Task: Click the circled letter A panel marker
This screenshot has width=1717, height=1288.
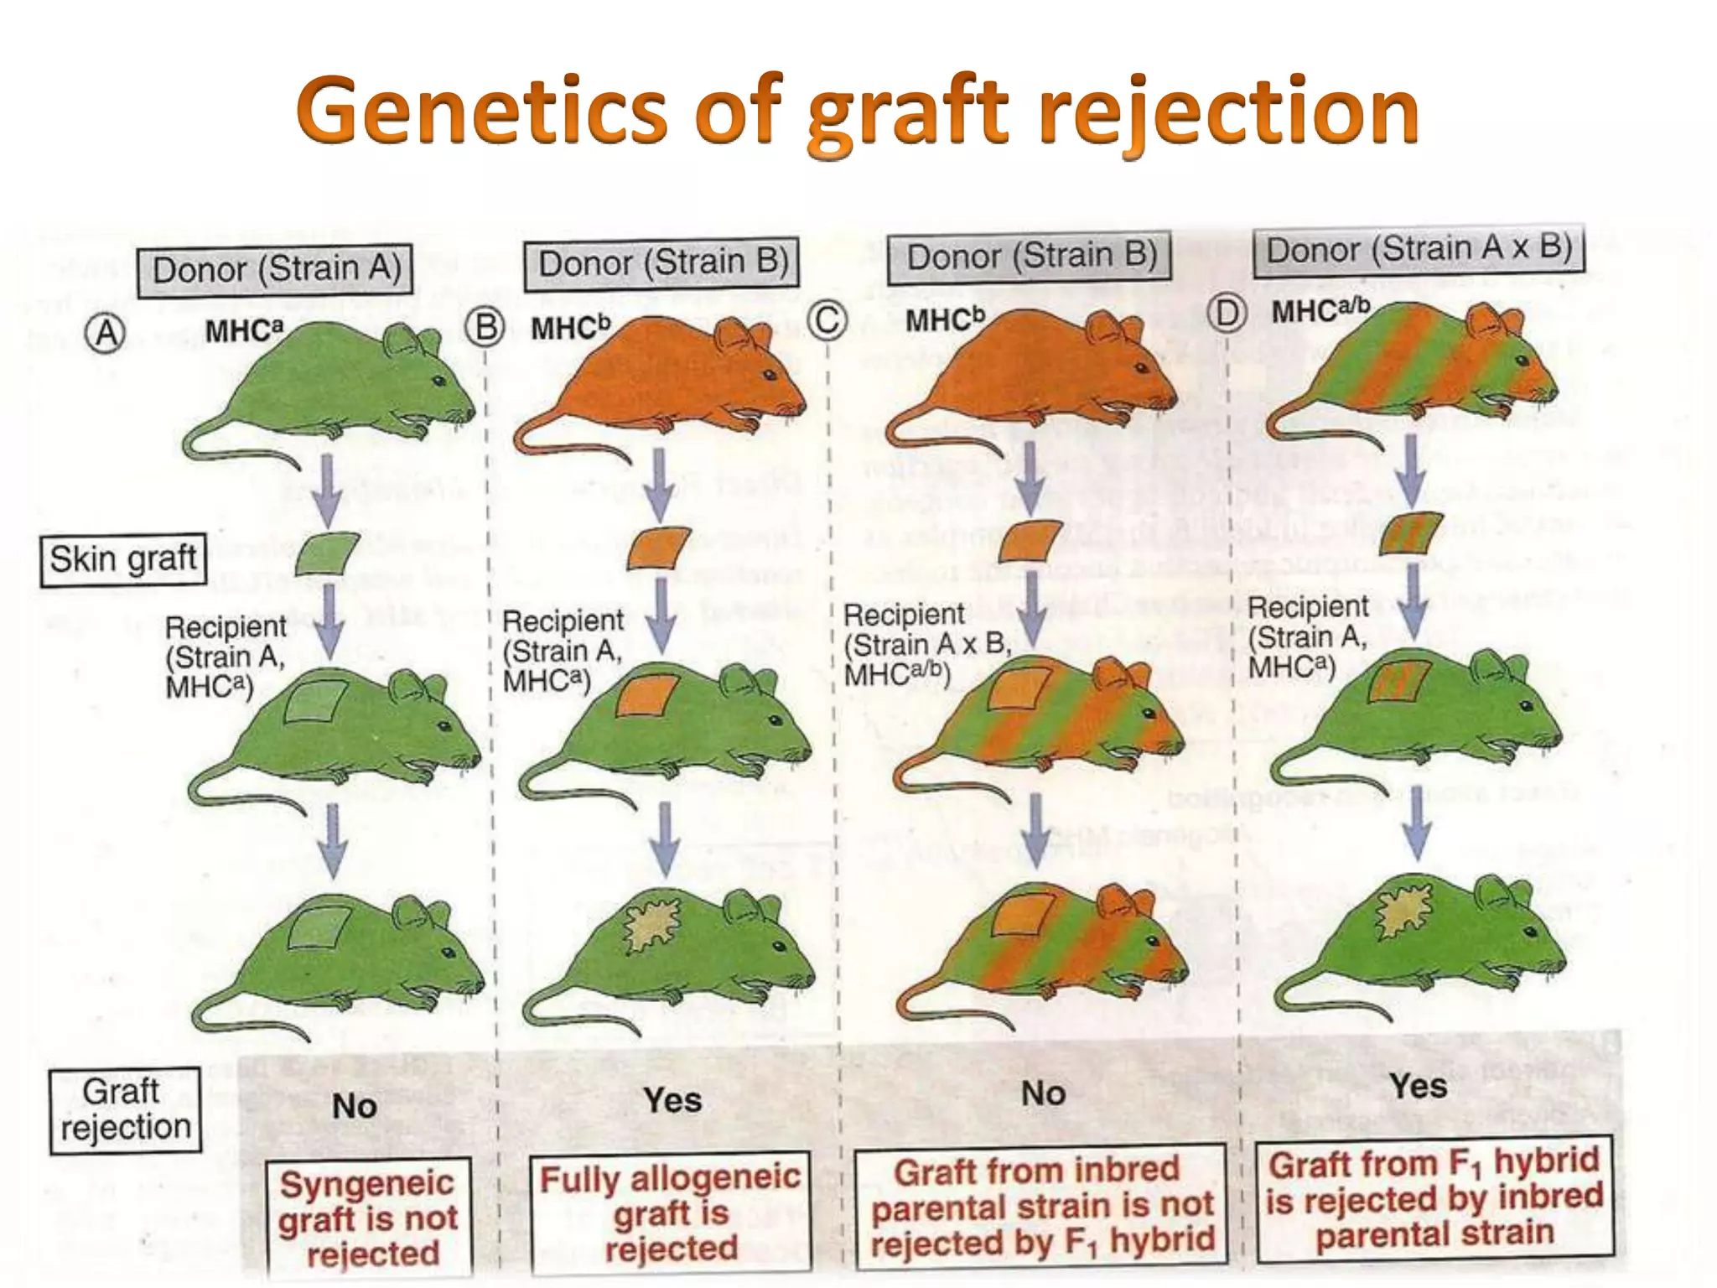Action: click(106, 335)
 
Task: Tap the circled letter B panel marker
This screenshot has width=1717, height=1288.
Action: click(486, 326)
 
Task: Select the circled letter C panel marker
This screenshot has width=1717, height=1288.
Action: click(828, 320)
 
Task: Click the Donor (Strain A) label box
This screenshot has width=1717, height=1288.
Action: click(276, 270)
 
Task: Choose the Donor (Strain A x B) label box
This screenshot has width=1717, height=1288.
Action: click(1419, 250)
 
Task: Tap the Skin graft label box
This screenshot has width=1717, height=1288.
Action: click(123, 559)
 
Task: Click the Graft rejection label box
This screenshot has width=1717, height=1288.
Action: click(126, 1110)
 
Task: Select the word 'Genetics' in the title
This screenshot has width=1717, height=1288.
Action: click(481, 113)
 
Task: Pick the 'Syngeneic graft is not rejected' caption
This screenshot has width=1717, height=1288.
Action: click(369, 1218)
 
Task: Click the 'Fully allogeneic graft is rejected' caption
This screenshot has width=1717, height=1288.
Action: click(671, 1213)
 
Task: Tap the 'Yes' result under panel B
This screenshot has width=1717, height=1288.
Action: click(672, 1100)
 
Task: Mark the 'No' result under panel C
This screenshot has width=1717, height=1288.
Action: click(1043, 1093)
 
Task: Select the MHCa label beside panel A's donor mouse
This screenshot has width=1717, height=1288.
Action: click(245, 330)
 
